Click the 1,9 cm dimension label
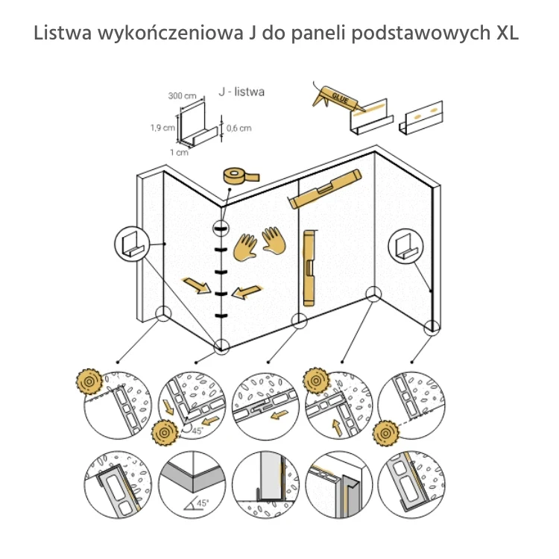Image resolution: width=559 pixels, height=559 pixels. [162, 127]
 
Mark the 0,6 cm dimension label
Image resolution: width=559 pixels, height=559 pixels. [239, 127]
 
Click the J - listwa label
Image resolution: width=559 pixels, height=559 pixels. [241, 92]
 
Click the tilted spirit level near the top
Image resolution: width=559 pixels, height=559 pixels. [326, 189]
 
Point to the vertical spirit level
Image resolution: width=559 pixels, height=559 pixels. [309, 268]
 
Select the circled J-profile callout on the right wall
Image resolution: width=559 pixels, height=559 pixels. [405, 244]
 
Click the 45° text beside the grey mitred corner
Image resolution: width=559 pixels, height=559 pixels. [200, 505]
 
